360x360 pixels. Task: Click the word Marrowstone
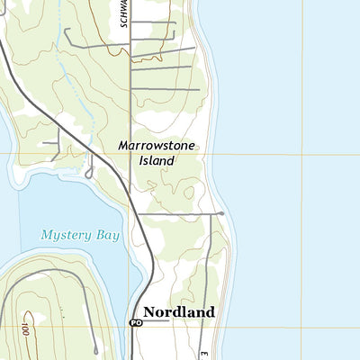[156, 145]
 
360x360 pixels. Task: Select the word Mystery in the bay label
[66, 235]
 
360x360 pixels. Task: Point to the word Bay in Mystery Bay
[107, 235]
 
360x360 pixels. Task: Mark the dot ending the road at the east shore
[221, 213]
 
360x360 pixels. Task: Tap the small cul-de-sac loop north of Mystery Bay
[90, 170]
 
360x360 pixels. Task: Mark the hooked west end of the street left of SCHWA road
[66, 31]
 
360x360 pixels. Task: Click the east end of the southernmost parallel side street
[199, 89]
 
